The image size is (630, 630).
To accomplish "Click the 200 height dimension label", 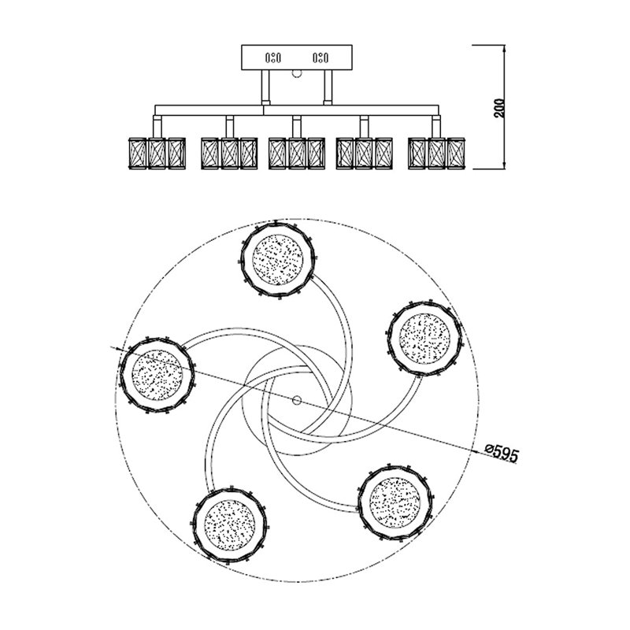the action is click(499, 108).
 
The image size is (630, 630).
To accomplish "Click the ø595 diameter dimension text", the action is click(502, 454).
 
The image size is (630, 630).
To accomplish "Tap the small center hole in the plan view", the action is click(297, 400).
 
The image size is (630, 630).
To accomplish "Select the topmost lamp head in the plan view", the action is click(278, 260).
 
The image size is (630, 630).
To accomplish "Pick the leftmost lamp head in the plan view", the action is click(157, 375).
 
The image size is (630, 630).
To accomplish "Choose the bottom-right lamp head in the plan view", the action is click(395, 502).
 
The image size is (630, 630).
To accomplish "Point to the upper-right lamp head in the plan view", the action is click(424, 339).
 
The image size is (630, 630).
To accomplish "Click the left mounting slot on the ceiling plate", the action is click(272, 58).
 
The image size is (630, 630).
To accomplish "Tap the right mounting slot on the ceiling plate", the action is click(321, 58).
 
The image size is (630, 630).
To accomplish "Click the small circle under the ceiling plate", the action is click(297, 74).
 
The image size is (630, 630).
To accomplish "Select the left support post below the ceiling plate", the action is click(265, 87).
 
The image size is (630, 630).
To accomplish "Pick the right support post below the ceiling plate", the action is click(328, 87).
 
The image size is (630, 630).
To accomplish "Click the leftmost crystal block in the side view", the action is click(137, 154).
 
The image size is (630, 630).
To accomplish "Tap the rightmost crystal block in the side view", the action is click(456, 154).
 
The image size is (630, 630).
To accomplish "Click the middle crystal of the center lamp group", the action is click(297, 154).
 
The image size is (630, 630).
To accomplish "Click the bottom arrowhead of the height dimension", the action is click(504, 165).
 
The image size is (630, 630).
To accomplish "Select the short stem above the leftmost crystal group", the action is click(157, 127).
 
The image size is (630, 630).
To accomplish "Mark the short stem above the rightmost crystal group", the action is click(436, 127).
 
